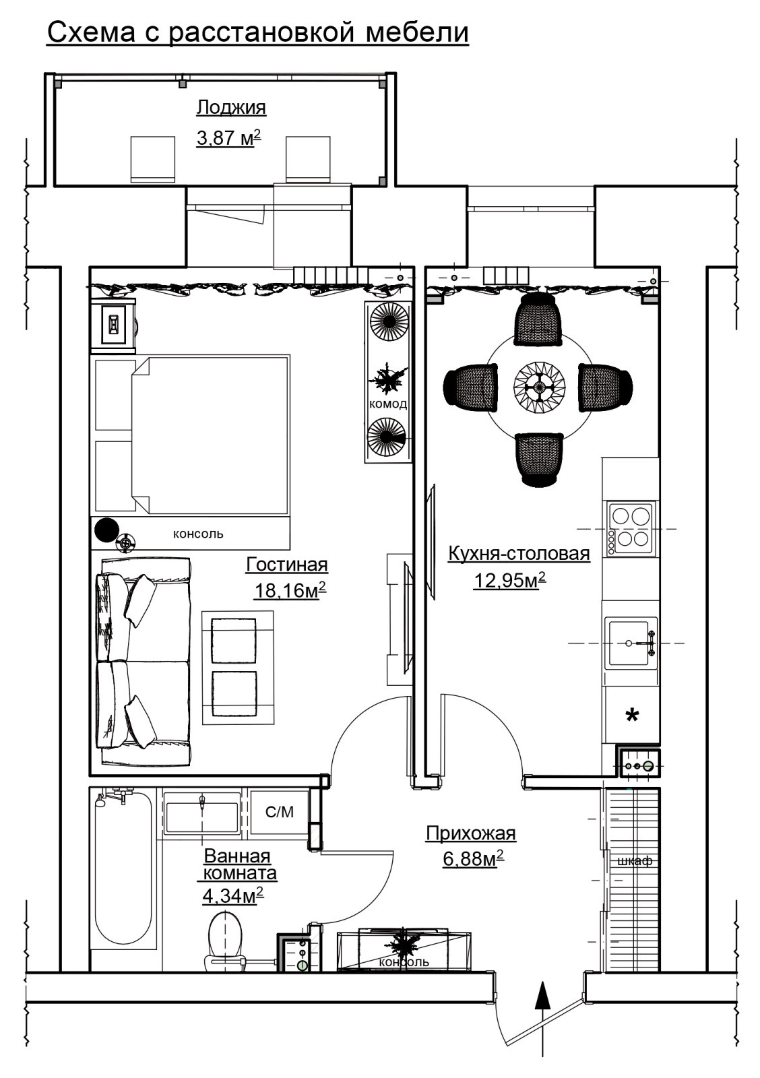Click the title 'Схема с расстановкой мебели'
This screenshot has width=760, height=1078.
pyautogui.click(x=257, y=33)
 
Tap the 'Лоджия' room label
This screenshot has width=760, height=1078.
pyautogui.click(x=231, y=107)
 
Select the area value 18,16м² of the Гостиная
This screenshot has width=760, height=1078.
pyautogui.click(x=290, y=590)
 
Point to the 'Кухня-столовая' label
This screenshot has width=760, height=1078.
pyautogui.click(x=519, y=553)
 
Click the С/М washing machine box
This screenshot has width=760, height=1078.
pyautogui.click(x=279, y=813)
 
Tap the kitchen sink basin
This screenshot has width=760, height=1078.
pyautogui.click(x=629, y=643)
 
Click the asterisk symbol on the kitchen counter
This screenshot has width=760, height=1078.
pyautogui.click(x=631, y=716)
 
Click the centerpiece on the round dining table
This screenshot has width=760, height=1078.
pyautogui.click(x=538, y=387)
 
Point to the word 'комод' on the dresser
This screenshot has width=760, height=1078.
pyautogui.click(x=388, y=404)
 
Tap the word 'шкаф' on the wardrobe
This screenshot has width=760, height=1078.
pyautogui.click(x=635, y=860)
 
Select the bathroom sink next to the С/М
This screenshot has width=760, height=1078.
pyautogui.click(x=201, y=813)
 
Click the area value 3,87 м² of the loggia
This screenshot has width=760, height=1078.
pyautogui.click(x=229, y=138)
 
